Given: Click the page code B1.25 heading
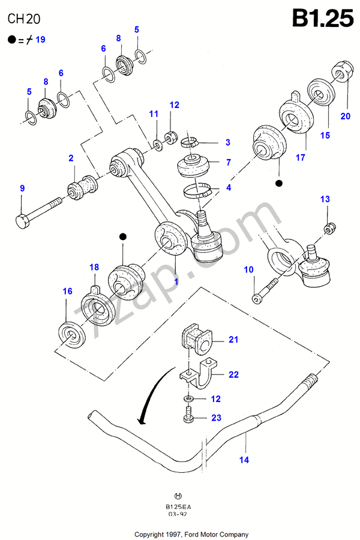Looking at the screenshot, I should point(323,19).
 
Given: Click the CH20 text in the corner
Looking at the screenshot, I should point(24,19).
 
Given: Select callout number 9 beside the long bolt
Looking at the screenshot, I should point(22,188).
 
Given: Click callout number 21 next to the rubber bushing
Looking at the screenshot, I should point(233,340).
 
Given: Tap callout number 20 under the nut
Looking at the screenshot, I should point(345,116).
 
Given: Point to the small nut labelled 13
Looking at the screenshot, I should point(328,229).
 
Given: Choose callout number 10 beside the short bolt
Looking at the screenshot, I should point(248,270).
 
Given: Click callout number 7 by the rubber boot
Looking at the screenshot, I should point(228,162).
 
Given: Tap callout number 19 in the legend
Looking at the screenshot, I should point(40,40).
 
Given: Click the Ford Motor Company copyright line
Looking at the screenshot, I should point(191,534).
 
